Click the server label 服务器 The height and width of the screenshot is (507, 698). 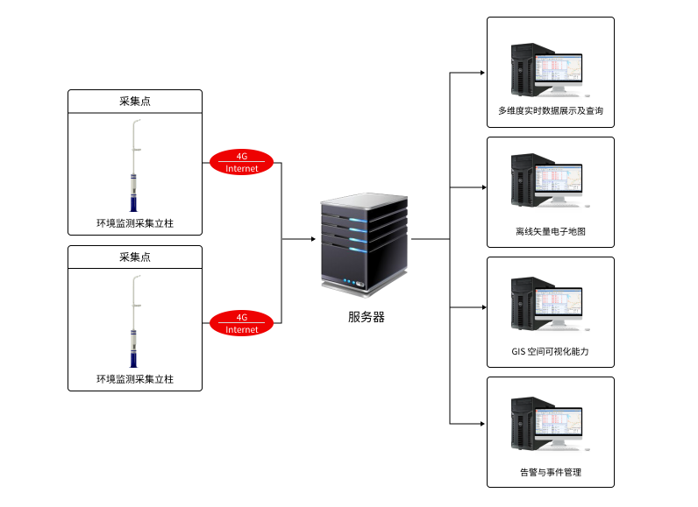[366, 317]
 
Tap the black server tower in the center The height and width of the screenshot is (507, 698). [364, 244]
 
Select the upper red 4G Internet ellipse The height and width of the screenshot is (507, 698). [241, 162]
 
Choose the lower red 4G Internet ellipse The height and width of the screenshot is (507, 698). [241, 323]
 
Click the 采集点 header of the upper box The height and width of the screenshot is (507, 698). [135, 102]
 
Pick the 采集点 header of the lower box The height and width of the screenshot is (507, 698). [135, 257]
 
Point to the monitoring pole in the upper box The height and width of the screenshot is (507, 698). [134, 165]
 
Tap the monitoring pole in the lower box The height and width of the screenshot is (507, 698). [134, 321]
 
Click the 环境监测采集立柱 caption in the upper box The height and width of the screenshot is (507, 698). [135, 223]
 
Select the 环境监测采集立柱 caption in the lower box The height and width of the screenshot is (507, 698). [135, 379]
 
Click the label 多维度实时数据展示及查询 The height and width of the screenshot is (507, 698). [551, 110]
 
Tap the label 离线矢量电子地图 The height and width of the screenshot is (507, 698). [551, 231]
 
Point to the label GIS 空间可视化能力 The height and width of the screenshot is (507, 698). [550, 351]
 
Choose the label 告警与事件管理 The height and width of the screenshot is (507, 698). [551, 472]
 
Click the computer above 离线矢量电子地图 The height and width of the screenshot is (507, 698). [550, 181]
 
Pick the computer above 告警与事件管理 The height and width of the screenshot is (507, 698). [550, 424]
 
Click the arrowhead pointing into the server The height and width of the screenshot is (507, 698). [313, 239]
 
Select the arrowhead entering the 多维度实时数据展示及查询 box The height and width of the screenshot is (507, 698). [482, 73]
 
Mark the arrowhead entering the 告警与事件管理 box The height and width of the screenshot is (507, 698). [482, 424]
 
